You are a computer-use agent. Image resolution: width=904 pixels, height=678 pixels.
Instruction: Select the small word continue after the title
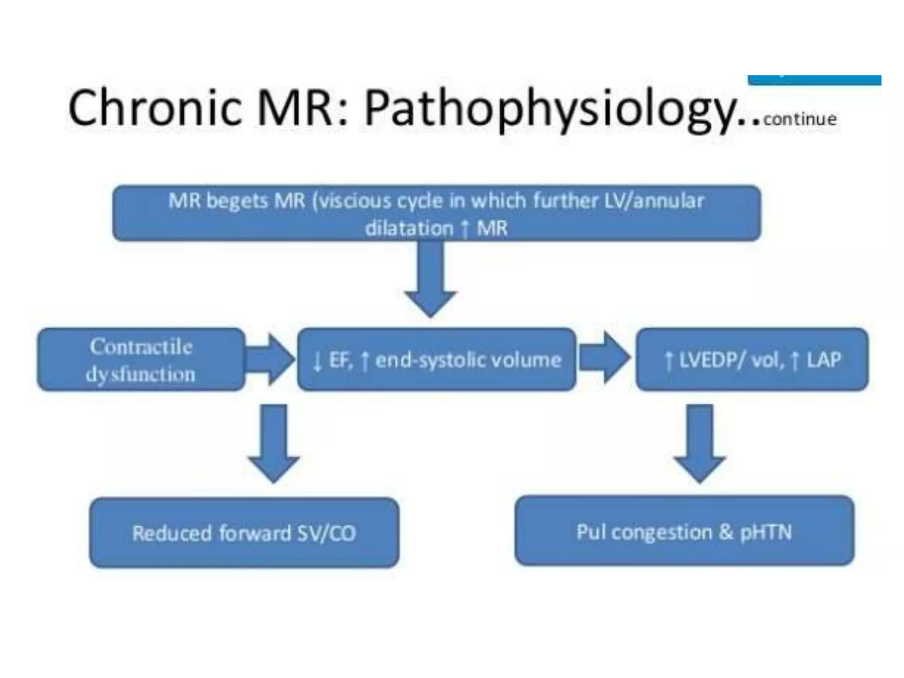[x=800, y=119]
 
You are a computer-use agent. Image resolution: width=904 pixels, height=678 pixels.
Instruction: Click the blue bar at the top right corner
[x=814, y=80]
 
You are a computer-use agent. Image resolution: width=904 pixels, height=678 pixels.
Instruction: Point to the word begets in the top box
[x=237, y=201]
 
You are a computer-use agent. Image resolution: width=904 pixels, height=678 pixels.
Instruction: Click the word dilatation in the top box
[x=409, y=229]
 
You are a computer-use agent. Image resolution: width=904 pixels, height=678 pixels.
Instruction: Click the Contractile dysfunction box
[x=141, y=360]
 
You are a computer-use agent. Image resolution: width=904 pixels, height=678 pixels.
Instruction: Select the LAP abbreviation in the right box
[x=824, y=360]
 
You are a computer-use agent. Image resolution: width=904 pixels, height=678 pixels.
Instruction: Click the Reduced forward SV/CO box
[x=244, y=533]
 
